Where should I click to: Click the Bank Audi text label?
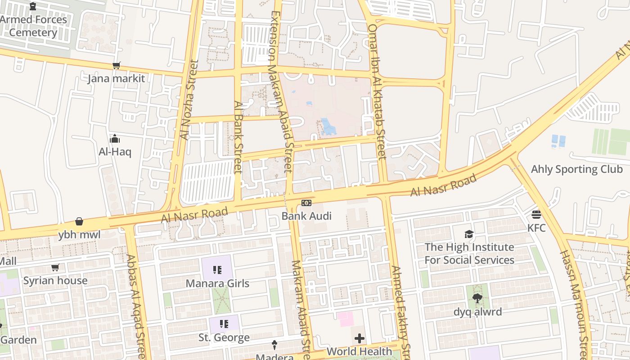click(306, 216)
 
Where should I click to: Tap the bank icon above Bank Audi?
click(306, 203)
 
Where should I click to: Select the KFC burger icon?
click(536, 214)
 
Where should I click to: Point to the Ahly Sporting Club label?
click(577, 169)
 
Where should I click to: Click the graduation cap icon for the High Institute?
click(469, 234)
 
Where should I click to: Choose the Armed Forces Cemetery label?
click(33, 26)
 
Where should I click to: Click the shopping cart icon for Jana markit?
click(117, 66)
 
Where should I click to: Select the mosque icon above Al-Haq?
click(115, 138)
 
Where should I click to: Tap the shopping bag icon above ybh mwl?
click(79, 221)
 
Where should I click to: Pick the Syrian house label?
click(55, 281)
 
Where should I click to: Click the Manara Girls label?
click(217, 283)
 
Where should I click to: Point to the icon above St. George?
click(224, 324)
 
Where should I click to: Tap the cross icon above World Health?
click(360, 338)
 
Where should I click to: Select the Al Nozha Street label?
click(189, 100)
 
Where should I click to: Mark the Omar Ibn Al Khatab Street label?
click(377, 92)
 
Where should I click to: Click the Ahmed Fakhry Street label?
click(401, 310)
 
